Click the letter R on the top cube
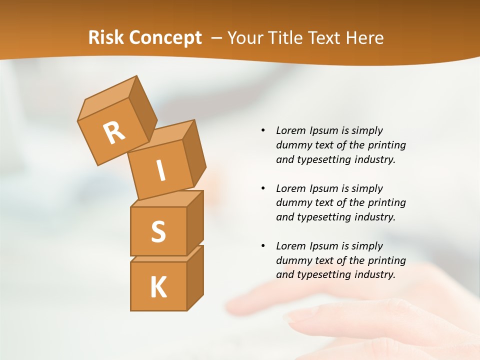[x=114, y=133]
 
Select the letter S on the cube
[x=158, y=232]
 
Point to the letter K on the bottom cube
[x=158, y=287]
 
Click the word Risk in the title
[x=106, y=38]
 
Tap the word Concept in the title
[x=164, y=38]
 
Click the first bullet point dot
[x=263, y=130]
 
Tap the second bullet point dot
[x=263, y=188]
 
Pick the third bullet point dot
[x=263, y=246]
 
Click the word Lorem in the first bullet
[x=291, y=130]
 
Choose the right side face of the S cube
[x=195, y=222]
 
